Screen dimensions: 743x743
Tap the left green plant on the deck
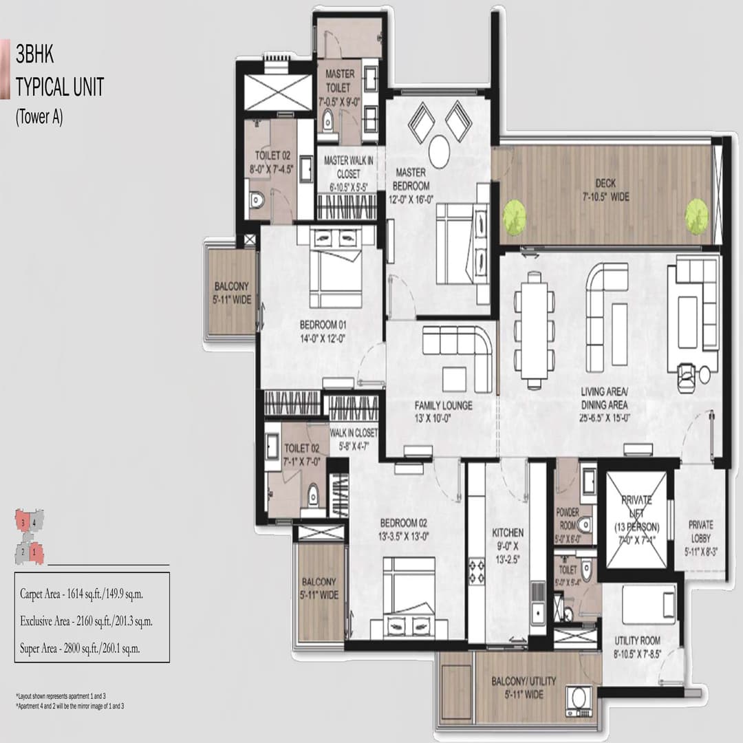514,217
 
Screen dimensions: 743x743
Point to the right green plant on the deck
696,213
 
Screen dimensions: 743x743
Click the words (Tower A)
39,118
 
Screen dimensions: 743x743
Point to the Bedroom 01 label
319,331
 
